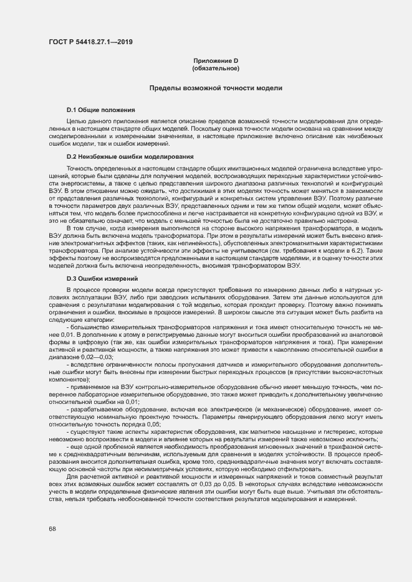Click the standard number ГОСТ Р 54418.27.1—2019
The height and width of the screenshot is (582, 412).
click(90, 42)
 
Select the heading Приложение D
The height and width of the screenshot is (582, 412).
click(216, 60)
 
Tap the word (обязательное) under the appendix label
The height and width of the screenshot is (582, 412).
click(216, 67)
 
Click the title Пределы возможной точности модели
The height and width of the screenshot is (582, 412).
click(216, 88)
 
